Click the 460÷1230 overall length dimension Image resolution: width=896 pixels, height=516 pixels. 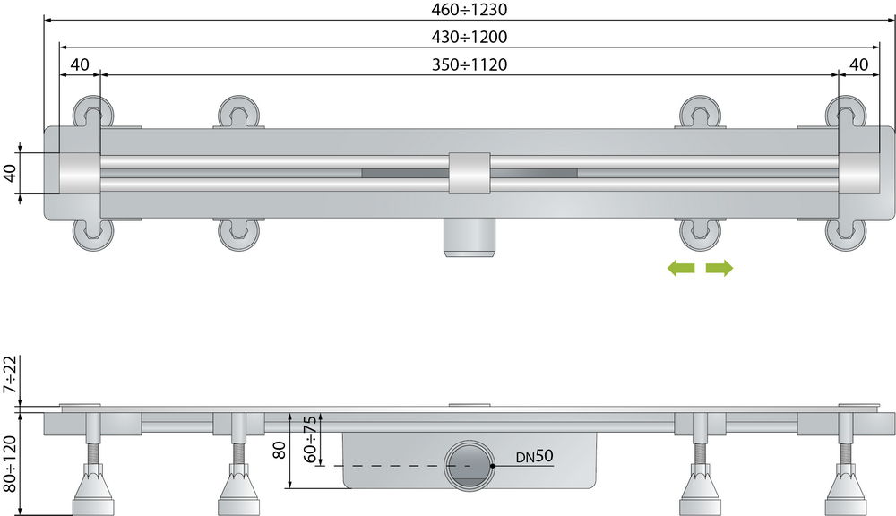pos(470,10)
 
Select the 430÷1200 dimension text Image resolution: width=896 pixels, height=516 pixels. pos(470,37)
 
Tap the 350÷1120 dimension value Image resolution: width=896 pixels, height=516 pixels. pos(470,64)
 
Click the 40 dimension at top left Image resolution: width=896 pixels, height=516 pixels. pos(80,64)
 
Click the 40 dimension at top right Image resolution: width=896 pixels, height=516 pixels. pos(859,64)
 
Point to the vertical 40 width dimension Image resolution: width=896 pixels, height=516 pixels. pos(10,173)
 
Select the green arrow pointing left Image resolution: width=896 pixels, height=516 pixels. pos(681,268)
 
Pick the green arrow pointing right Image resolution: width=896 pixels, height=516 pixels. pos(719,268)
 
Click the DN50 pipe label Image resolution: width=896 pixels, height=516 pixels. pos(534,456)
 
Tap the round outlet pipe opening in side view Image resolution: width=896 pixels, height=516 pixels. pos(470,465)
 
